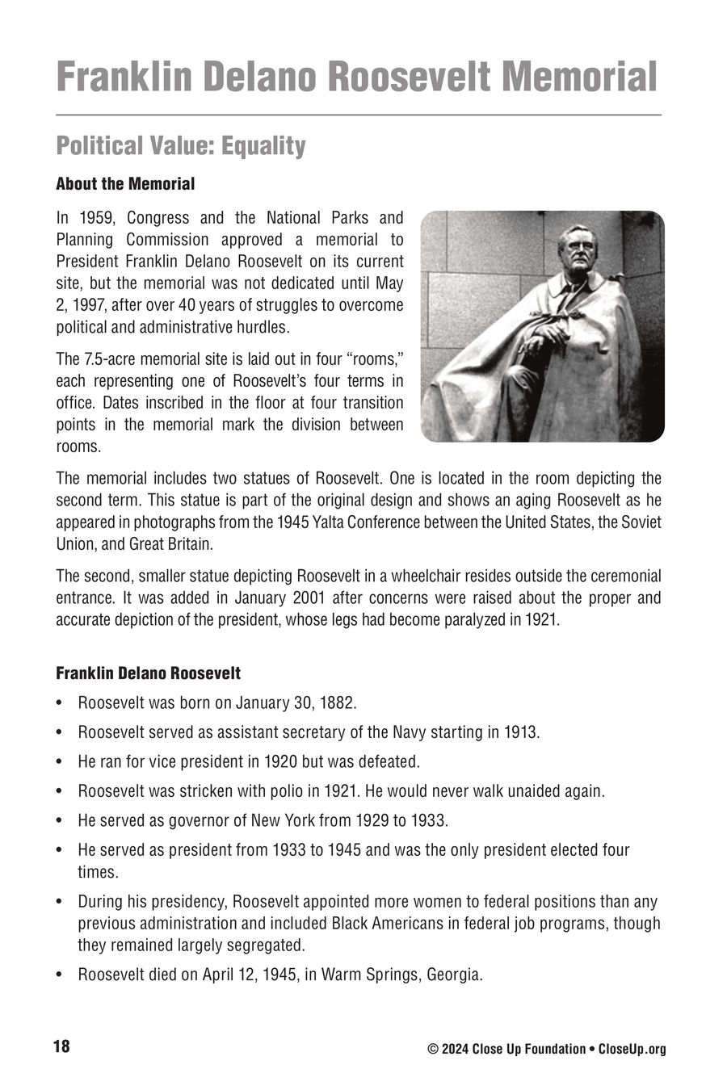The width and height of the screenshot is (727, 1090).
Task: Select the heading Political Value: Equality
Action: [x=181, y=146]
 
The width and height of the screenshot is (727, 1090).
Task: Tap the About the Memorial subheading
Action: [x=125, y=184]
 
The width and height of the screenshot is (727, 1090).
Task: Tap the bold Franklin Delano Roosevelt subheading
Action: [x=148, y=673]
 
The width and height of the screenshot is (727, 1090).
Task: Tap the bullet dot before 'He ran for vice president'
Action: [x=60, y=762]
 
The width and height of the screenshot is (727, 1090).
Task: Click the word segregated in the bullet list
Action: [x=265, y=945]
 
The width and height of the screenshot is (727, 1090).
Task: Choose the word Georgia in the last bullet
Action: [x=452, y=975]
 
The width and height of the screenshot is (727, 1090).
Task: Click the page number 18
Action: [x=61, y=1047]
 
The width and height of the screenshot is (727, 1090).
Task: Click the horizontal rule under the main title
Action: [x=359, y=115]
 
